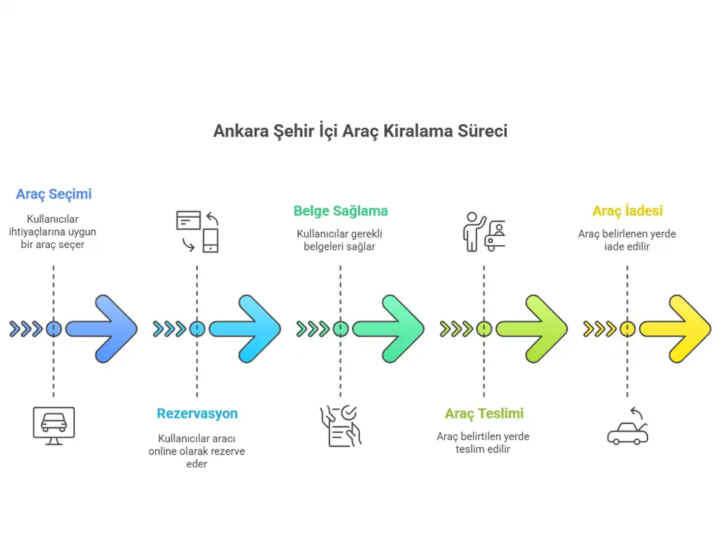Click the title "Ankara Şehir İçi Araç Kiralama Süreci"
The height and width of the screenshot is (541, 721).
coord(360,131)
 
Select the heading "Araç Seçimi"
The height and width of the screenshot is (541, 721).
coord(54,194)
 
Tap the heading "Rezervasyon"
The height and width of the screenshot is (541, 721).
coord(197,414)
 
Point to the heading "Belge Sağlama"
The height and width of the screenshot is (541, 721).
coord(340,211)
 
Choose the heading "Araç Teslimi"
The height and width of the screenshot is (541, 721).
coord(484,414)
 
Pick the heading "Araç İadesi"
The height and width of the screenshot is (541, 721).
coord(627,211)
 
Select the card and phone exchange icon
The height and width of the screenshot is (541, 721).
coord(198,231)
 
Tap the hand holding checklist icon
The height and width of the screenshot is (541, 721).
coord(340,426)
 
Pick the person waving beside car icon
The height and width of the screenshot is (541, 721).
coord(484,231)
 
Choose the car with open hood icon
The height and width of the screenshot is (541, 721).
coord(627,427)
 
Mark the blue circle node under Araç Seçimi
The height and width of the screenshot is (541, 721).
coord(53,329)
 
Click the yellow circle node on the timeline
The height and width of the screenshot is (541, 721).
coord(627,329)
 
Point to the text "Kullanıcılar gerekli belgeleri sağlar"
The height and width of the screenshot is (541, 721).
coord(340,240)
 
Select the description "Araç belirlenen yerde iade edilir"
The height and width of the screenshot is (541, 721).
coord(627,240)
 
